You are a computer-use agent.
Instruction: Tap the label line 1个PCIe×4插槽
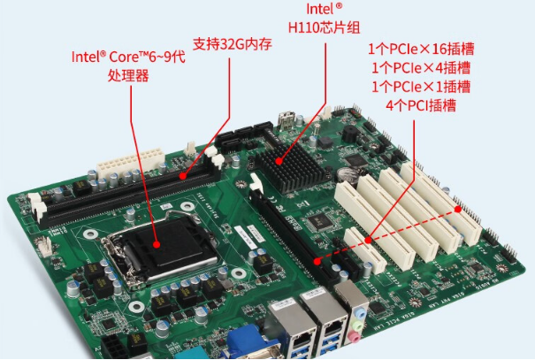point(421,68)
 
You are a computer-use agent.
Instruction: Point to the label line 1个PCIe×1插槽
point(421,87)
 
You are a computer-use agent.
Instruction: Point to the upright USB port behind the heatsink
point(287,120)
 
